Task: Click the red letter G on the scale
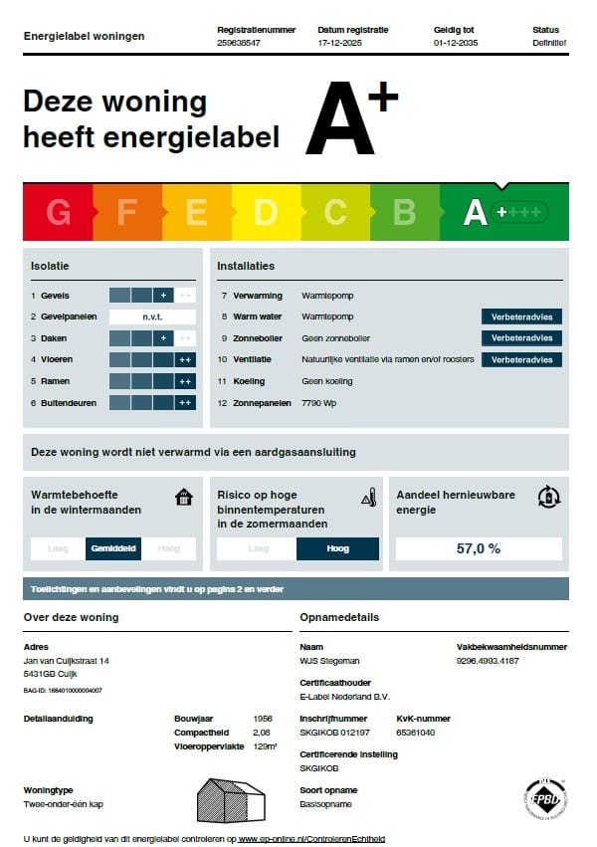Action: (x=59, y=212)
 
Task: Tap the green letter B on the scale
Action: (x=404, y=212)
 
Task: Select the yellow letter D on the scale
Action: (x=266, y=212)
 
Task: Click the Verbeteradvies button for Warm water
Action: (x=521, y=317)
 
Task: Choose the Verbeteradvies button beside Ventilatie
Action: (x=521, y=359)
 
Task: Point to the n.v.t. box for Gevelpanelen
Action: (x=152, y=317)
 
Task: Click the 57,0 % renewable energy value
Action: (x=479, y=548)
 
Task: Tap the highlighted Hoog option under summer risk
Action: (x=337, y=548)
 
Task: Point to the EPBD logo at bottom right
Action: (x=545, y=799)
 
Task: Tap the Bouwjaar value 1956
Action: (x=263, y=718)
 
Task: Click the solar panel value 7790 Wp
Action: (x=321, y=403)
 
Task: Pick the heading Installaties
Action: (x=246, y=266)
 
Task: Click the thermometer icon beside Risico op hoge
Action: (x=368, y=497)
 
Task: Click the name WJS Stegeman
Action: (x=329, y=661)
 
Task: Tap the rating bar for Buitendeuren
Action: (x=152, y=403)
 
